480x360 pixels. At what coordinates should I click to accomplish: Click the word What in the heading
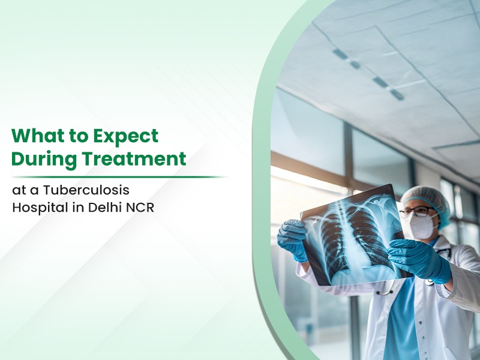pos(35,136)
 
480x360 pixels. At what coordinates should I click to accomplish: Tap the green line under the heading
pos(119,177)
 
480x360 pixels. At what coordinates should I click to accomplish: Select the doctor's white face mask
pos(422,225)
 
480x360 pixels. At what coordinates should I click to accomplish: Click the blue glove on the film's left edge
pos(292,239)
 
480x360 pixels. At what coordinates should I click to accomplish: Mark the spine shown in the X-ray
pos(352,233)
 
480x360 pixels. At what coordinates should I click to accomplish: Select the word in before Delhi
pos(79,207)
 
